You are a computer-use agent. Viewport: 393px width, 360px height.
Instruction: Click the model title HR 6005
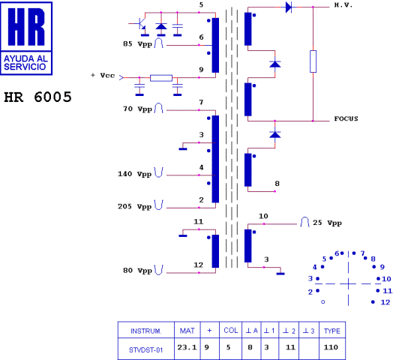click(37, 97)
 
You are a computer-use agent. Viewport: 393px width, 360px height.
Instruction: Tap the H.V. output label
click(344, 5)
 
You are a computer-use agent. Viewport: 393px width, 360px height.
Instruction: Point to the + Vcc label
click(103, 76)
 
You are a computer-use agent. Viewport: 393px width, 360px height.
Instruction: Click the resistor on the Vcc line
click(161, 77)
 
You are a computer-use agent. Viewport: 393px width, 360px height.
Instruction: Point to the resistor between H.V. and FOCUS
click(313, 61)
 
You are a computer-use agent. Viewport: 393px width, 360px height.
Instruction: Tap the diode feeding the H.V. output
click(288, 7)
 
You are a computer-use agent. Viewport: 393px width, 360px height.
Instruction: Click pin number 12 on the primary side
click(199, 265)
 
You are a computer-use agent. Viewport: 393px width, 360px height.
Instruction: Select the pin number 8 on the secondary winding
click(277, 183)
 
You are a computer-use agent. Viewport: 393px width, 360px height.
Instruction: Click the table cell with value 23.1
click(186, 347)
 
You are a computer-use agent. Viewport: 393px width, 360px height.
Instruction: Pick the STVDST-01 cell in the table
click(145, 347)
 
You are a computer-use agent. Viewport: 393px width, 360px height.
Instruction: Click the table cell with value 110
click(330, 347)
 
